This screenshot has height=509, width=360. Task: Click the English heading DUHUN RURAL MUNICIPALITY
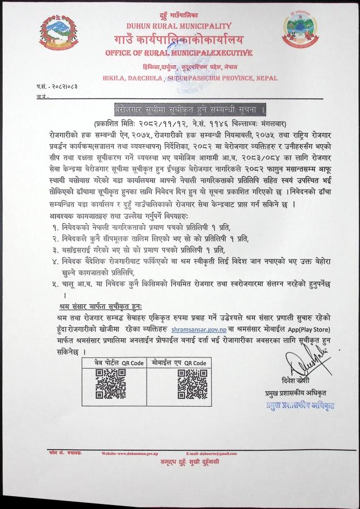click(179, 26)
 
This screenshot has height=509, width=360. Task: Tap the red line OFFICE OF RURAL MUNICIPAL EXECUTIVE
click(179, 53)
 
